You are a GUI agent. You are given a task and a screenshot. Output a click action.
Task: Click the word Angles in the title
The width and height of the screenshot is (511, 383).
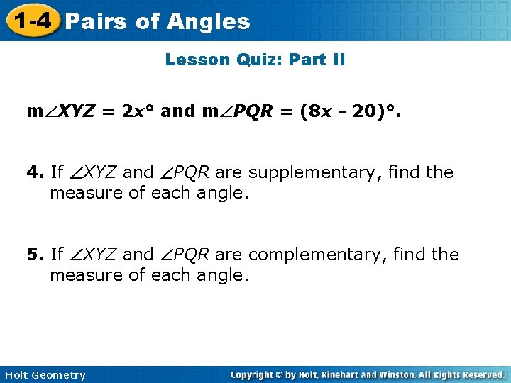pos(209,21)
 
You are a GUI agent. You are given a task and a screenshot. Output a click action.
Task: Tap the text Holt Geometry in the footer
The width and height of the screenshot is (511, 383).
pos(44,375)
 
